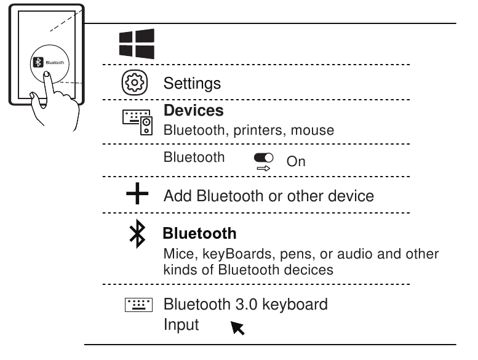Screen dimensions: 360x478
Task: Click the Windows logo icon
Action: click(x=137, y=44)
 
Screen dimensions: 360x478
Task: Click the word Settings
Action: click(x=191, y=83)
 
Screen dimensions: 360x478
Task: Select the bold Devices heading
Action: click(x=193, y=111)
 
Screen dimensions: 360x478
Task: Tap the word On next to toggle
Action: click(x=296, y=161)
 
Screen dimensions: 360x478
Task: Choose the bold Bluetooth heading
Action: click(x=199, y=234)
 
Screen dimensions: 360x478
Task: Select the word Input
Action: click(x=181, y=324)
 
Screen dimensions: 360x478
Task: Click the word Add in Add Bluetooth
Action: click(x=178, y=196)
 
